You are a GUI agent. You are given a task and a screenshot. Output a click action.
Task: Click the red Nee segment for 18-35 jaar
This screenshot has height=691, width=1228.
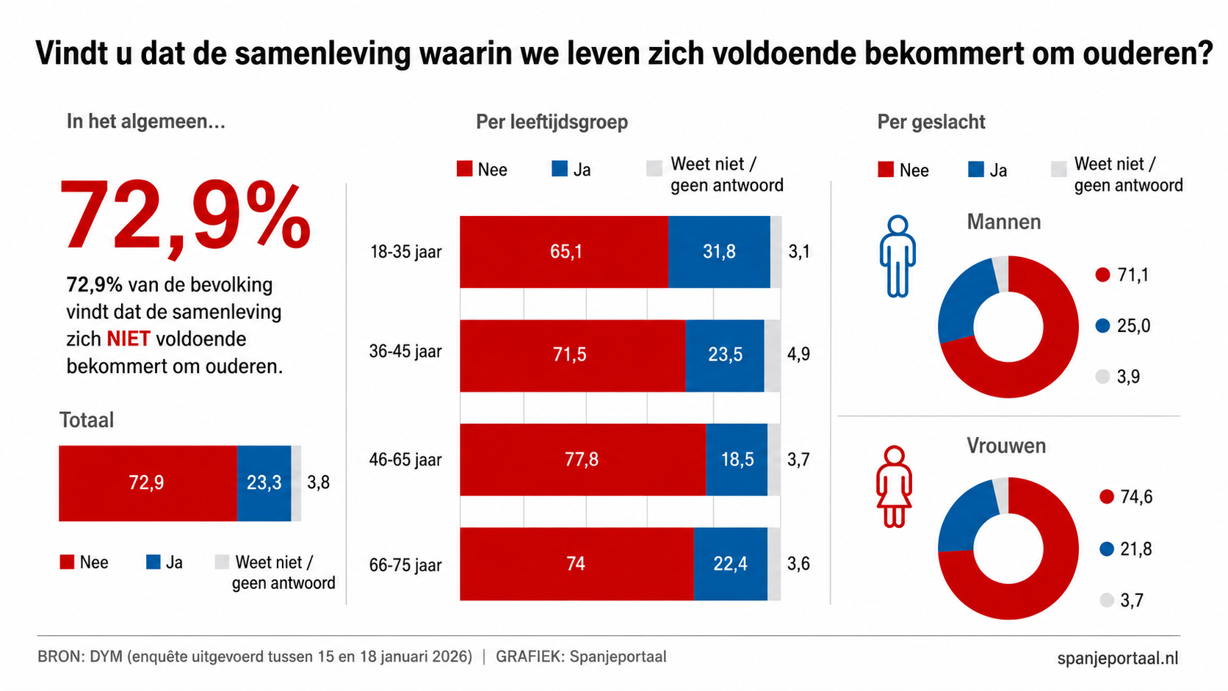pyautogui.click(x=564, y=252)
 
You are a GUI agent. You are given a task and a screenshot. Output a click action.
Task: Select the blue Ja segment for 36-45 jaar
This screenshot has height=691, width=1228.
pyautogui.click(x=725, y=355)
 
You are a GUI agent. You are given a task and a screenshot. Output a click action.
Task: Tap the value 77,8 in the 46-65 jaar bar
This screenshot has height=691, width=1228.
pyautogui.click(x=581, y=459)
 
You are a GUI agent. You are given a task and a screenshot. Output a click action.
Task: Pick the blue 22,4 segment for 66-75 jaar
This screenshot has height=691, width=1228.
pyautogui.click(x=730, y=564)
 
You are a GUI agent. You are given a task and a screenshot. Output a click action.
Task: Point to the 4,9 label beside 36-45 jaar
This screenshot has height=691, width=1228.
pyautogui.click(x=798, y=354)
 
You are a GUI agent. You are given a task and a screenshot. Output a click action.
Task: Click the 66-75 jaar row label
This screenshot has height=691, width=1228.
pyautogui.click(x=405, y=565)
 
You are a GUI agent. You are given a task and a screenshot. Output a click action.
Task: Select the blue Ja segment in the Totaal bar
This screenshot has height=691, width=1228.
pyautogui.click(x=264, y=483)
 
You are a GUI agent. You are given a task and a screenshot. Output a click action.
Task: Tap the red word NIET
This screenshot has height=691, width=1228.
pyautogui.click(x=129, y=339)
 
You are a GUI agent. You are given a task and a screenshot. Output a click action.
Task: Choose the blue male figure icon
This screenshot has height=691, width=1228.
pyautogui.click(x=897, y=256)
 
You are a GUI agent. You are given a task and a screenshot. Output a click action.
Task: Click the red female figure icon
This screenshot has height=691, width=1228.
pyautogui.click(x=894, y=487)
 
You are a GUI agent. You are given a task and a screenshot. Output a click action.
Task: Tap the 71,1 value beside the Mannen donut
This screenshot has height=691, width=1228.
pyautogui.click(x=1133, y=275)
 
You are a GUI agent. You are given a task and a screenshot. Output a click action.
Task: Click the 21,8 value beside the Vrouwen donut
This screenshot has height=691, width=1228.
pyautogui.click(x=1136, y=549)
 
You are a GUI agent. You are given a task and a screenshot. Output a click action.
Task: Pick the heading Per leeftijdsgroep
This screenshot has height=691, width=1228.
pyautogui.click(x=552, y=122)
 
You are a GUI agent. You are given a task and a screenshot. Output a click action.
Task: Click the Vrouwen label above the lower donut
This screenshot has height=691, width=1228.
pyautogui.click(x=1006, y=446)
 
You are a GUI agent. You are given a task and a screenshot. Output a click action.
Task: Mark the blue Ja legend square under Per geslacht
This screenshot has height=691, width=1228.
pyautogui.click(x=976, y=170)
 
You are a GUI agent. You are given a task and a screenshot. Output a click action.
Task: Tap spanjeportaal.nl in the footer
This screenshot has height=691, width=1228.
pyautogui.click(x=1117, y=658)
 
